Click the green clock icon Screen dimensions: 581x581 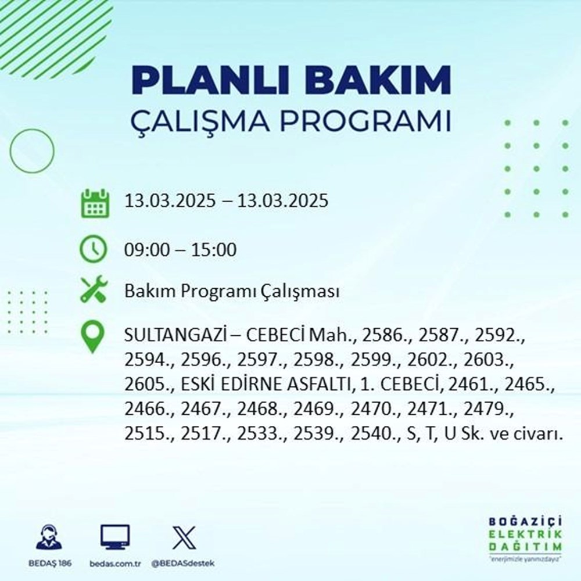(93, 250)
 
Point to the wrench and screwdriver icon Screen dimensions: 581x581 (93, 290)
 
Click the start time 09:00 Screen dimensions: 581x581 (147, 250)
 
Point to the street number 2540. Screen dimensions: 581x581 (372, 435)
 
